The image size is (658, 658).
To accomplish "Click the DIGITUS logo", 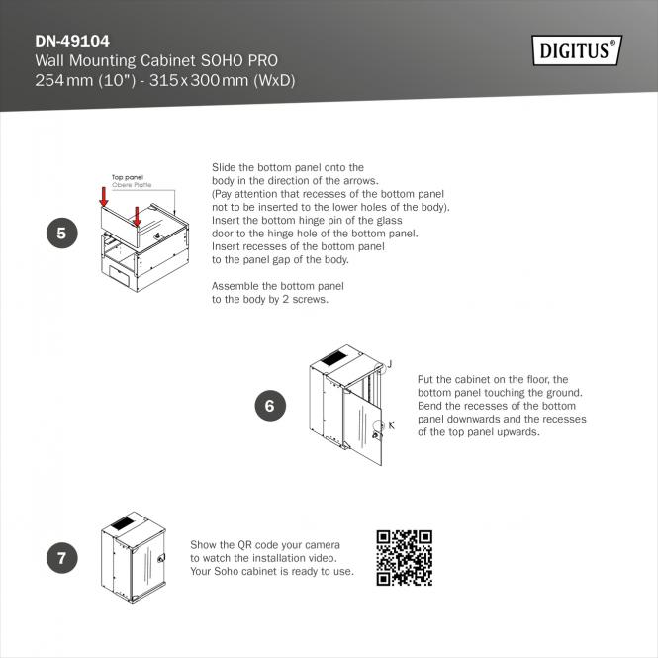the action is click(x=577, y=50).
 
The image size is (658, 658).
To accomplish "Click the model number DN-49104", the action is click(x=72, y=41).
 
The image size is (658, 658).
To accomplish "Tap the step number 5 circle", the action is click(x=62, y=233).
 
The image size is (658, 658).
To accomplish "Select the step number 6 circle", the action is click(x=271, y=406).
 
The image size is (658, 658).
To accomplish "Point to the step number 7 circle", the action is click(x=62, y=558).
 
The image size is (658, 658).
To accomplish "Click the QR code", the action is click(x=404, y=558).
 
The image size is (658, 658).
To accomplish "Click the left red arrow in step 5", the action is click(x=104, y=196).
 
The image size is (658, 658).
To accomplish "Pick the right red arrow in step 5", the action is click(x=136, y=216).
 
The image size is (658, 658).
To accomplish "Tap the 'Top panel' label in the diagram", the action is click(x=128, y=177).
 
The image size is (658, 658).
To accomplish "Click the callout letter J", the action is click(x=390, y=364).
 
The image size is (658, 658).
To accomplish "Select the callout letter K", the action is click(x=391, y=425).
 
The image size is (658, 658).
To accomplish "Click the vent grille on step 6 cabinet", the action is click(x=334, y=358).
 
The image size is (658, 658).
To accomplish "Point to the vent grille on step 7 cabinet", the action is click(x=122, y=522).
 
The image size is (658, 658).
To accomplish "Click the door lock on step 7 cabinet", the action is click(x=160, y=558).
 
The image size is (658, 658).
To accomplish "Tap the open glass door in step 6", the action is click(x=362, y=425).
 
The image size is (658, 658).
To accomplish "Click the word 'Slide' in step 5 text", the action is click(x=224, y=167).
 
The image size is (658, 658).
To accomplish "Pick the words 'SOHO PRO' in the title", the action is click(x=239, y=60).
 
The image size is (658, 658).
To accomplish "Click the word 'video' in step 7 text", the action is click(x=323, y=558).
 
